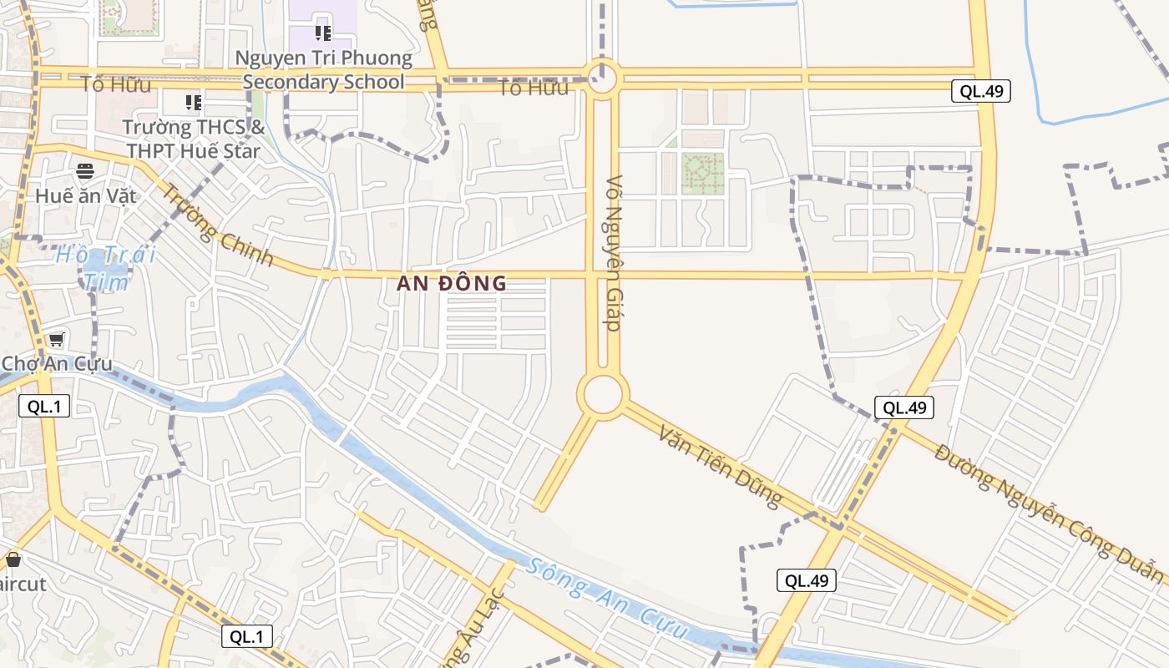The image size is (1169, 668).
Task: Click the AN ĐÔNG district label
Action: point(451,283)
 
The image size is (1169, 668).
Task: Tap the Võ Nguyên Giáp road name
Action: point(615,253)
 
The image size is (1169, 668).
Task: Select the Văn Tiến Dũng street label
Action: point(720,466)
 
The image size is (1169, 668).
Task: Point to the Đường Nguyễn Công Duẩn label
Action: point(1048,513)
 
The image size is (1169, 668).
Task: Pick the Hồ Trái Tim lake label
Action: point(106,267)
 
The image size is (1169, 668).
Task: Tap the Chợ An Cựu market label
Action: point(57,363)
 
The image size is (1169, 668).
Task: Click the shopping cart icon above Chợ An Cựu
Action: point(56,339)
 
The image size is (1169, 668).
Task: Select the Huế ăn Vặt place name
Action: point(85,195)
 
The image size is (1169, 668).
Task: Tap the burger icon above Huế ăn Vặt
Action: point(85,171)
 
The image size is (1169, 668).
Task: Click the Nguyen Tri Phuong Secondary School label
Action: point(324,70)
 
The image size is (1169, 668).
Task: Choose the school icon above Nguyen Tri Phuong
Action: point(323,33)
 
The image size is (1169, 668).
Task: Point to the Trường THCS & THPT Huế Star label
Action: point(194,139)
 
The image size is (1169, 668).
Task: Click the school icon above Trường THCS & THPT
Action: point(194,103)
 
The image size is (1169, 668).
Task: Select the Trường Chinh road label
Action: point(216,225)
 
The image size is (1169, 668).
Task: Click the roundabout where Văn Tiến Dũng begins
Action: point(603,394)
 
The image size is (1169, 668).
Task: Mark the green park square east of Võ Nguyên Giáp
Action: point(702,173)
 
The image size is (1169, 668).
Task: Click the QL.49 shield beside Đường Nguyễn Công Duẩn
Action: point(904,407)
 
